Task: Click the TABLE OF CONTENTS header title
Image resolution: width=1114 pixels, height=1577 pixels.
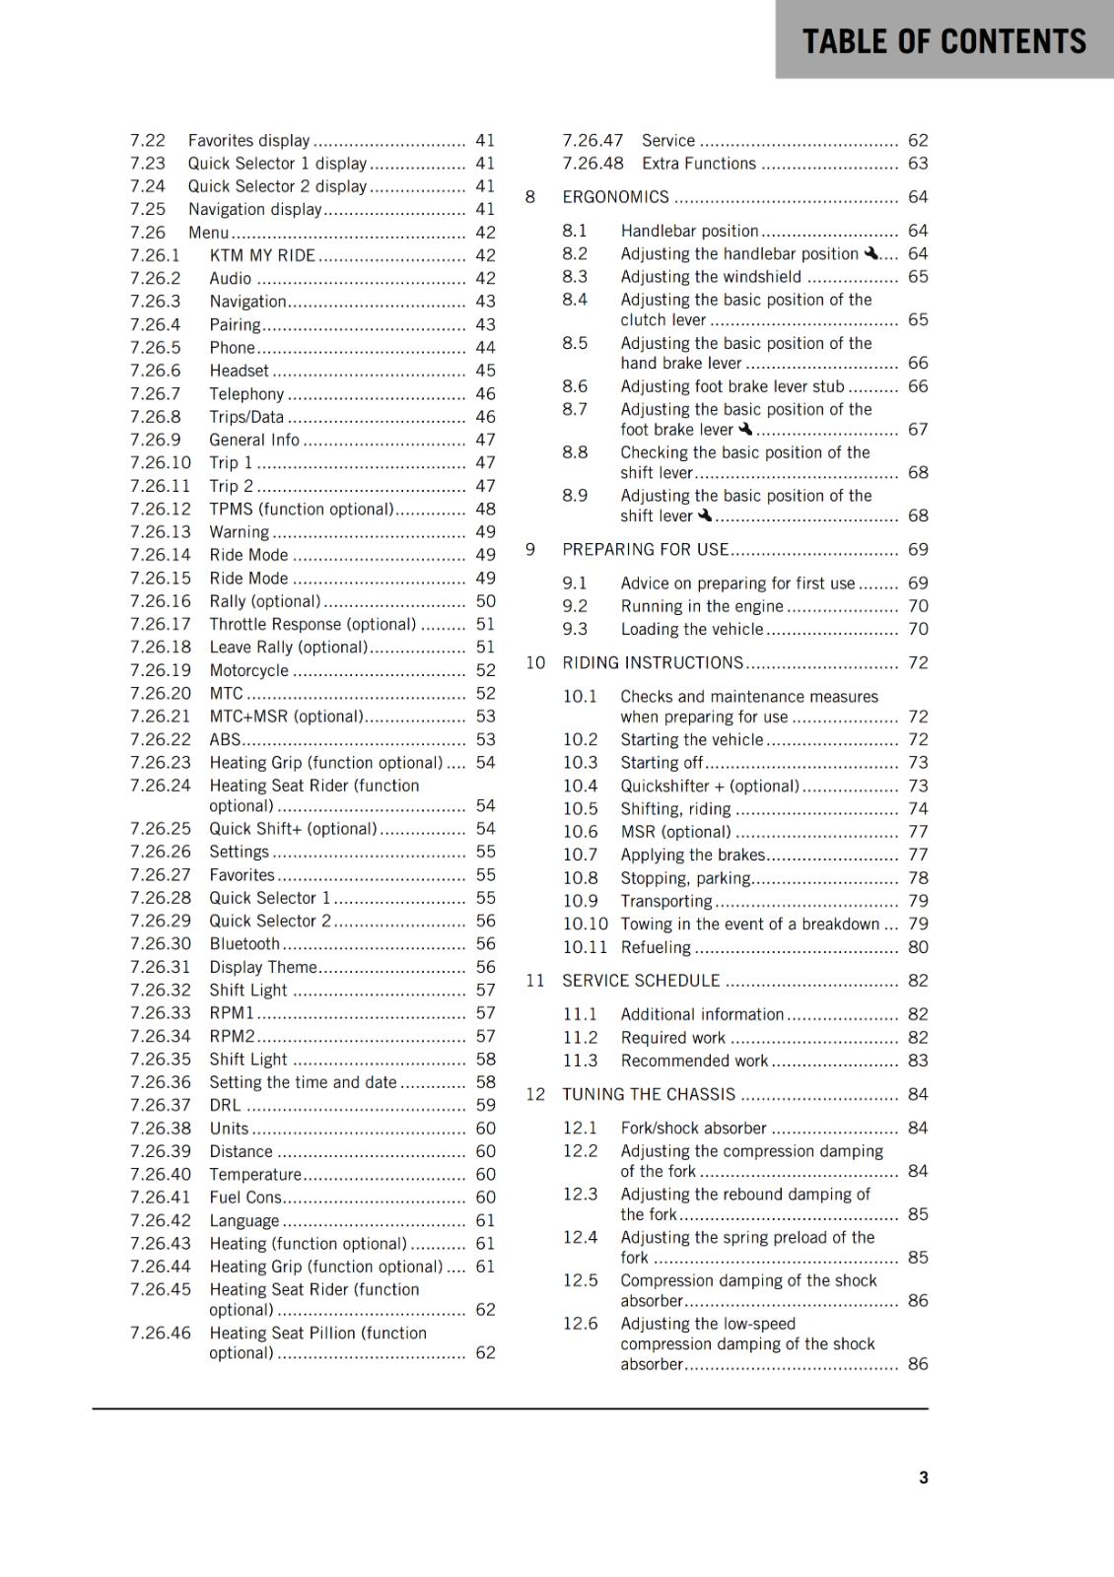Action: (943, 41)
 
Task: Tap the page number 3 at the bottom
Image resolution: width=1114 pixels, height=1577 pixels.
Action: (923, 1477)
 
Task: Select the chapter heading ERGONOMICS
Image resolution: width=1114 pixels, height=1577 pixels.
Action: (615, 197)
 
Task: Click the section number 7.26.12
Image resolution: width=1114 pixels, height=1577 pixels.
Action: (160, 509)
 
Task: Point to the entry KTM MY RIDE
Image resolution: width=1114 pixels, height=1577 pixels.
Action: (262, 255)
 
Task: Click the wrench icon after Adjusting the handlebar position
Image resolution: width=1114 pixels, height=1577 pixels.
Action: (870, 253)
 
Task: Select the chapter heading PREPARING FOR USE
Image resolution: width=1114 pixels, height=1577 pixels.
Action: (645, 549)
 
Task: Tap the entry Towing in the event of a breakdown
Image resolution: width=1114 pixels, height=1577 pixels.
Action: (749, 924)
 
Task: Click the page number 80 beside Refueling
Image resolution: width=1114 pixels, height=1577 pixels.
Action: (918, 947)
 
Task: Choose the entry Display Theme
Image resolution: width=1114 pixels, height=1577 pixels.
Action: (262, 967)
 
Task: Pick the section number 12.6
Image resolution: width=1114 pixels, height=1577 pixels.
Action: (580, 1324)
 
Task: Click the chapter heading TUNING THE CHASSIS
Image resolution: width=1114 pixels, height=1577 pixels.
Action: (649, 1094)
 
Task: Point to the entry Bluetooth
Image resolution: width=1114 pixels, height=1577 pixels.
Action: (244, 943)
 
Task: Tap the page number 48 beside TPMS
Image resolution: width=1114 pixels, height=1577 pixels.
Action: (485, 509)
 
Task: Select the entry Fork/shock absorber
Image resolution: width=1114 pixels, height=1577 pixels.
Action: (693, 1128)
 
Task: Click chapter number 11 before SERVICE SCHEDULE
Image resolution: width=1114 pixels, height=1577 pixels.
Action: (534, 981)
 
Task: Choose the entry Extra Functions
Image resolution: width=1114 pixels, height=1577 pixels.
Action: (698, 164)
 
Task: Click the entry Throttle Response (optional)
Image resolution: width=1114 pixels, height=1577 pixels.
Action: (313, 624)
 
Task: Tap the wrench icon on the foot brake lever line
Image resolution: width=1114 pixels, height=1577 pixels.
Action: (745, 429)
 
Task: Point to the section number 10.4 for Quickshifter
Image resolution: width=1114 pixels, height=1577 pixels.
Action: (580, 786)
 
